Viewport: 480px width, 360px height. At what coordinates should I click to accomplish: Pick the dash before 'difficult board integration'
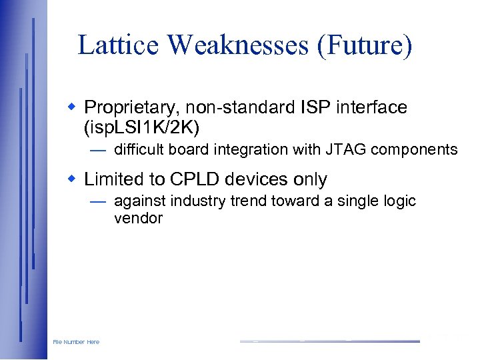(x=97, y=150)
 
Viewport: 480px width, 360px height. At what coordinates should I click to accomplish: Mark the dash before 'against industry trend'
(x=97, y=201)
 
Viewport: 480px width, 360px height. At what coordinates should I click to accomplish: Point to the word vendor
(x=138, y=219)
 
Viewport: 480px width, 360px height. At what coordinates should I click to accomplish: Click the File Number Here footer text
(x=76, y=342)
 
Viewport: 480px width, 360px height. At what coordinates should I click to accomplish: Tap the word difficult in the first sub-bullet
(x=139, y=150)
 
